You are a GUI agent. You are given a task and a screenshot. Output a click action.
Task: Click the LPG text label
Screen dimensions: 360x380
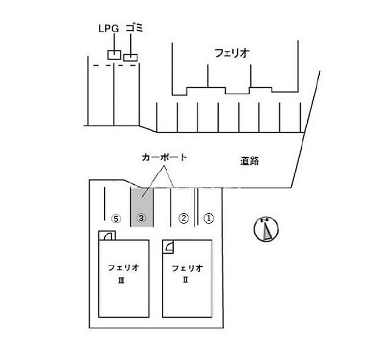pyautogui.click(x=108, y=28)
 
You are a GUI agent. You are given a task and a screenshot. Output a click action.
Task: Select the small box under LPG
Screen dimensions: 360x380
pyautogui.click(x=113, y=54)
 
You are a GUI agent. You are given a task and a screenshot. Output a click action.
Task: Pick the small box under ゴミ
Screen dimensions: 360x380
pyautogui.click(x=130, y=57)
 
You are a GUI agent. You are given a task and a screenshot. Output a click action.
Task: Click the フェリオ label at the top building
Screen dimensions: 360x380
pyautogui.click(x=232, y=53)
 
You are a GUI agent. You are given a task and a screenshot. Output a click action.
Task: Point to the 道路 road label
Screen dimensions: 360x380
pyautogui.click(x=249, y=161)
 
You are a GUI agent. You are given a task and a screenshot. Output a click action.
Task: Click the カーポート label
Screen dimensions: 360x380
pyautogui.click(x=164, y=158)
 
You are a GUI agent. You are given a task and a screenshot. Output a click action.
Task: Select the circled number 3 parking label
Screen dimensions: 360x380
pyautogui.click(x=141, y=218)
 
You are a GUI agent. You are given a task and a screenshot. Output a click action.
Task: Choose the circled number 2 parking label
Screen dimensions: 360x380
pyautogui.click(x=183, y=218)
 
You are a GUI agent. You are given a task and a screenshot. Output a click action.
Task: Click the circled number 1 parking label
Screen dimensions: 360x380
pyautogui.click(x=209, y=218)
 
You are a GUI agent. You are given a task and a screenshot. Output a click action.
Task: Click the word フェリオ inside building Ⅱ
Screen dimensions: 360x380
pyautogui.click(x=187, y=267)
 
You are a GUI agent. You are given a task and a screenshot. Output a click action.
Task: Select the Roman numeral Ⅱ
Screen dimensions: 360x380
pyautogui.click(x=187, y=280)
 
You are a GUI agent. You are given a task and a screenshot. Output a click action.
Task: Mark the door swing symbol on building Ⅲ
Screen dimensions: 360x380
pyautogui.click(x=107, y=236)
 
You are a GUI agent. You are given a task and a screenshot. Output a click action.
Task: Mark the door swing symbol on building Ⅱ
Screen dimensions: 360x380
pyautogui.click(x=169, y=246)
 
